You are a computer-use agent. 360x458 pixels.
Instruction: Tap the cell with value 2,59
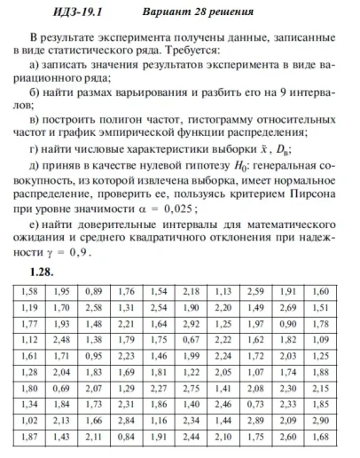tap(255, 291)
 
